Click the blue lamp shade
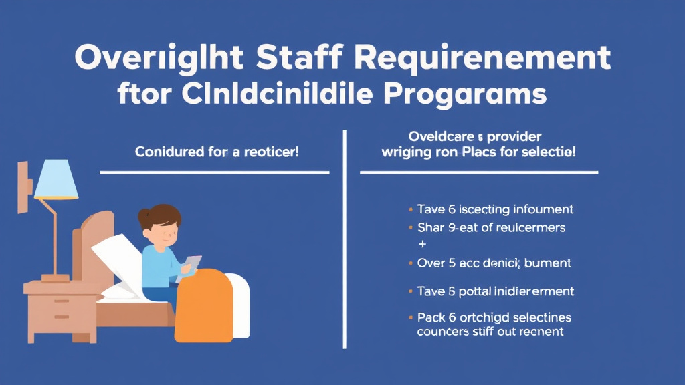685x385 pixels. pos(56,180)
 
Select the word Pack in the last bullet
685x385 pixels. pos(431,316)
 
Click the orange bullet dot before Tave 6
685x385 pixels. pos(409,209)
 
